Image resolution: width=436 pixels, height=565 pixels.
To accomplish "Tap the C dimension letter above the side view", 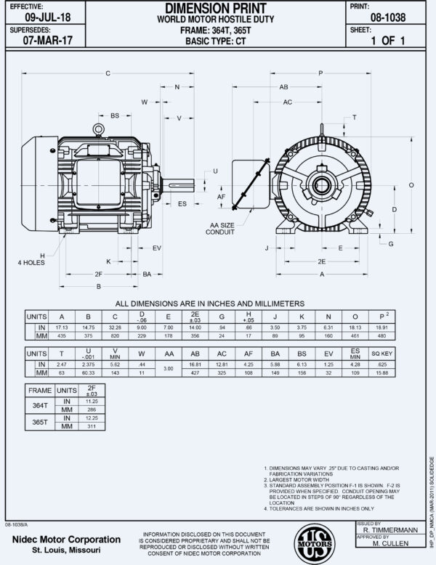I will click(x=108, y=73).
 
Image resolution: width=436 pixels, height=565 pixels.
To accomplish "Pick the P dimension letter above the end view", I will click(x=320, y=73).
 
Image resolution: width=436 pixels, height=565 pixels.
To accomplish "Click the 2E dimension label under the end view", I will click(x=320, y=260).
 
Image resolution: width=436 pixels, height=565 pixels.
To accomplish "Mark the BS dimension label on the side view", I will click(x=114, y=115).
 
